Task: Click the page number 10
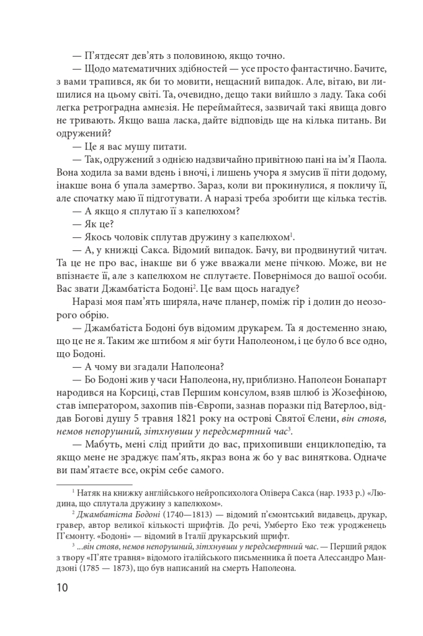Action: click(x=64, y=586)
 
